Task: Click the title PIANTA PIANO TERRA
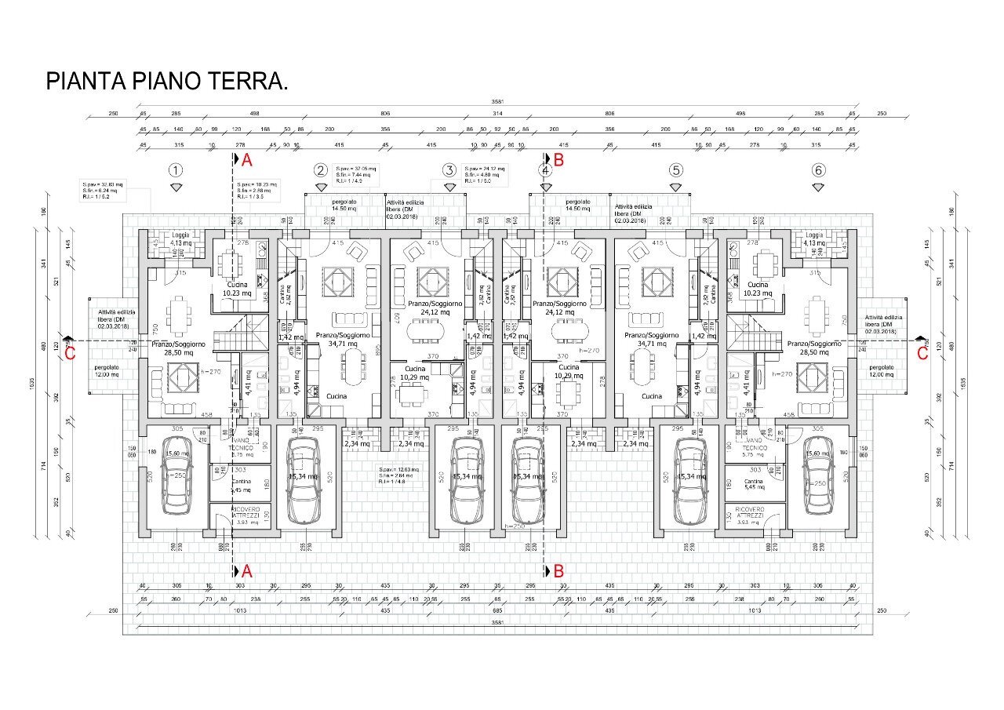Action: [x=166, y=82]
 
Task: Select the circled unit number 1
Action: [x=176, y=170]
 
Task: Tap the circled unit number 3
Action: [x=449, y=170]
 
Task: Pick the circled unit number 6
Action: [x=818, y=170]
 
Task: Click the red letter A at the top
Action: [x=246, y=161]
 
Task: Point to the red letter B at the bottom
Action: [x=558, y=571]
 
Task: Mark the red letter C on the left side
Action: [x=70, y=353]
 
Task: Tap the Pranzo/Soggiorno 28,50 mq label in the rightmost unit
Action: [x=814, y=348]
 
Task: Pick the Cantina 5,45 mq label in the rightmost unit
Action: [x=753, y=485]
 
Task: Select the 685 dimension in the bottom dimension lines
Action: [x=497, y=610]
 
